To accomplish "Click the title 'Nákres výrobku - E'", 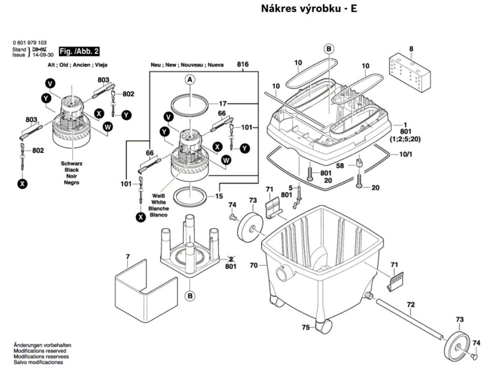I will [309, 9].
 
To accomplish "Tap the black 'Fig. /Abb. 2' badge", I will [79, 51].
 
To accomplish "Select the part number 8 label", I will [411, 48].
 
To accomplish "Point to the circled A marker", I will [190, 79].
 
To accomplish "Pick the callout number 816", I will [243, 64].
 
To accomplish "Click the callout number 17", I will [223, 104].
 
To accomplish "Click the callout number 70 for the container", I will [253, 266].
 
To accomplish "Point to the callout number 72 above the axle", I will [411, 304].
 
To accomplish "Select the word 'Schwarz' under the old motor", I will [71, 164].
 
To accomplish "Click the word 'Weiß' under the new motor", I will [159, 196].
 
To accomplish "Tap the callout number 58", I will [340, 166].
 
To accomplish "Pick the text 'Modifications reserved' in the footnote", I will [40, 351].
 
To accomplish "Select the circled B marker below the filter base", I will [189, 295].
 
